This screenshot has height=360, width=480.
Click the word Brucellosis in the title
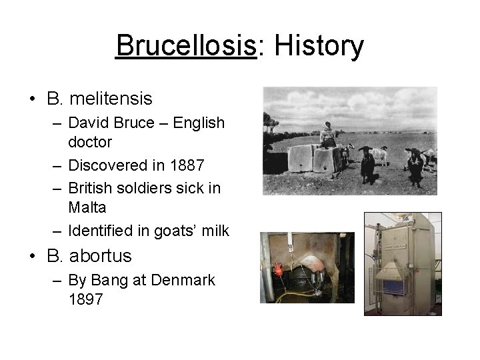point(186,47)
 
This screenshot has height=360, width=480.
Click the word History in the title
point(319,47)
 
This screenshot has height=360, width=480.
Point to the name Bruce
point(136,123)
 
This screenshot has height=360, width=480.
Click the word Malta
point(88,207)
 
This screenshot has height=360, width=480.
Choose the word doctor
point(90,142)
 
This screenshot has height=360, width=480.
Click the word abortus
point(99,255)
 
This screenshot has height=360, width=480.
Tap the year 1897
point(86,299)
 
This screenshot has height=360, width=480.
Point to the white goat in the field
point(379,155)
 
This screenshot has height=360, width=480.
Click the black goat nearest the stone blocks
point(367,163)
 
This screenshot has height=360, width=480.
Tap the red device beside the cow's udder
point(279,270)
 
